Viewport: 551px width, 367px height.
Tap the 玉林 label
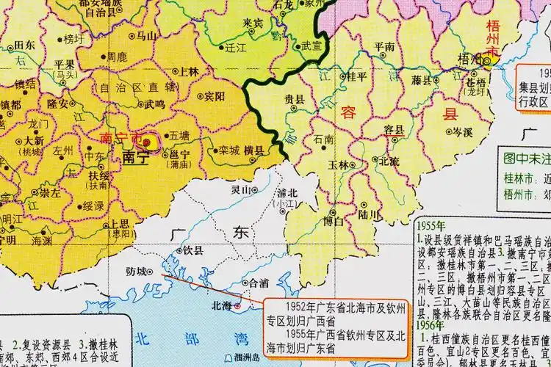pyautogui.click(x=338, y=165)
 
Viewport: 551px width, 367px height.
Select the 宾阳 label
pyautogui.click(x=215, y=95)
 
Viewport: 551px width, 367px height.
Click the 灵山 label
pyautogui.click(x=241, y=189)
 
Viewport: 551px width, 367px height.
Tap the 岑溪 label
pyautogui.click(x=462, y=132)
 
